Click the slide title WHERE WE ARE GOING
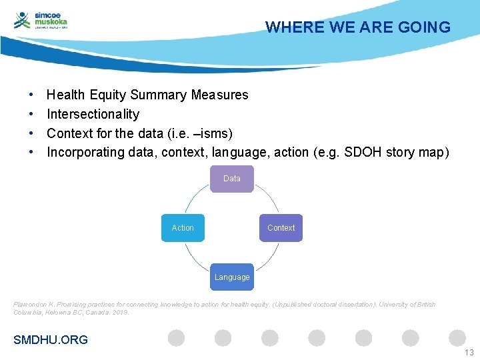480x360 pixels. coord(358,27)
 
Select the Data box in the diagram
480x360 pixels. coord(232,179)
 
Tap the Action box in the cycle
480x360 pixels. coord(183,228)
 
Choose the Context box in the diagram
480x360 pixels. coord(281,228)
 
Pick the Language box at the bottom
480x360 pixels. coord(232,277)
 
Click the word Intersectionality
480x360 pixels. coord(93,114)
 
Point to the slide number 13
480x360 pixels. coord(469,353)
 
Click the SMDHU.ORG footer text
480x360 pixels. coord(51,340)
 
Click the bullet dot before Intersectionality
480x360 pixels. coord(31,114)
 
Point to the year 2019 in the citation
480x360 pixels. coord(121,312)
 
